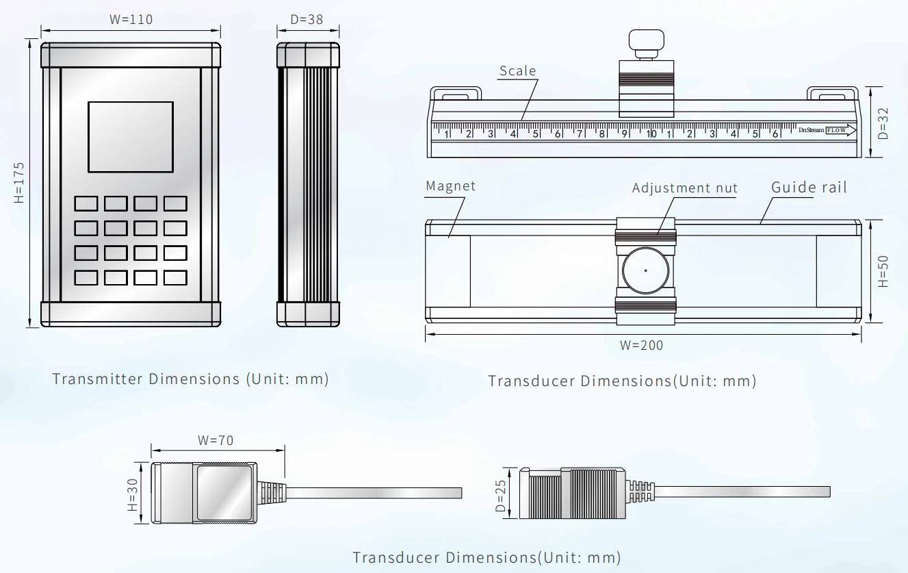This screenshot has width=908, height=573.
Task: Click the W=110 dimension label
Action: [x=131, y=19]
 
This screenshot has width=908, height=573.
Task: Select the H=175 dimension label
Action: [x=19, y=183]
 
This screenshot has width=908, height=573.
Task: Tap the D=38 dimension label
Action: [x=307, y=19]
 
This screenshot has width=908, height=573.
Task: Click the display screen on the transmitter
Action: [x=131, y=137]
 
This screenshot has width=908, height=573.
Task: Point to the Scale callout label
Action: [x=518, y=71]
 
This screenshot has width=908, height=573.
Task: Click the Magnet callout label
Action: [x=450, y=186]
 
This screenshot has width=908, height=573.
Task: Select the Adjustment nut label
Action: [x=685, y=188]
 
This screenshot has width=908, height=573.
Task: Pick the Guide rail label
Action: [x=809, y=187]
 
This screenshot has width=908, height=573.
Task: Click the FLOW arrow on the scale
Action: [x=841, y=130]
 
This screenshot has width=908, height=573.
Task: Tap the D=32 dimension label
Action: [x=883, y=123]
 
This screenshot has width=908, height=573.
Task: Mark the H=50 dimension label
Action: [x=883, y=271]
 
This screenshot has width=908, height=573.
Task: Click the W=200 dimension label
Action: [x=641, y=346]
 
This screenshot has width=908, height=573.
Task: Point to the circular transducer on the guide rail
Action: [x=645, y=270]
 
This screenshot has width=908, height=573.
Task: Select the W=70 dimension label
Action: [x=216, y=440]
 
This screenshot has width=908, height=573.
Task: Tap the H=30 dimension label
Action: [x=133, y=495]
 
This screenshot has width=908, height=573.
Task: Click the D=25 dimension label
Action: [x=501, y=496]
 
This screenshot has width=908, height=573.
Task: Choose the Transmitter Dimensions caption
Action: [x=190, y=379]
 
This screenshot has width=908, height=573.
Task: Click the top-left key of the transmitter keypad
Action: [x=86, y=203]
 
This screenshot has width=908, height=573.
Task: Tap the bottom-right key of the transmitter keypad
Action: [x=175, y=278]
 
